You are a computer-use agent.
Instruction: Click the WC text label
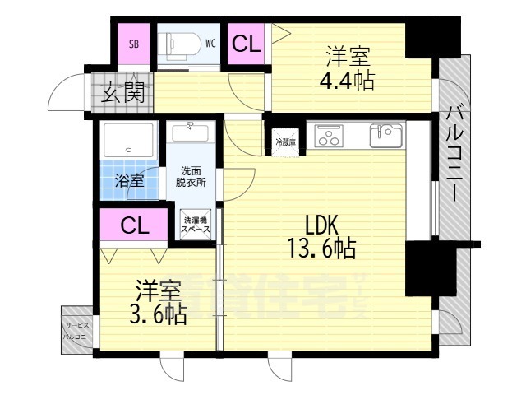pyautogui.click(x=211, y=44)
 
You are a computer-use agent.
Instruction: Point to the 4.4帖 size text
pyautogui.click(x=348, y=81)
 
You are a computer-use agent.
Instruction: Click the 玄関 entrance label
pyautogui.click(x=123, y=93)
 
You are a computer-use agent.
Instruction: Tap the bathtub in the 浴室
pyautogui.click(x=127, y=141)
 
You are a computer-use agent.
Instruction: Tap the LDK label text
pyautogui.click(x=321, y=224)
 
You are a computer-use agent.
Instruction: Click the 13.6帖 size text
pyautogui.click(x=321, y=246)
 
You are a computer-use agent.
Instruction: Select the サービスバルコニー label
pyautogui.click(x=77, y=332)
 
